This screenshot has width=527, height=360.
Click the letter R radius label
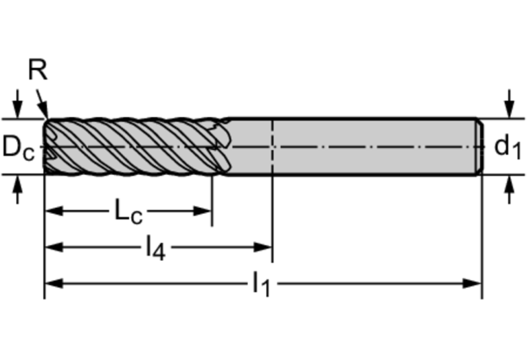coord(38,70)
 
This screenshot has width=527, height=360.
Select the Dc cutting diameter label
coord(19,147)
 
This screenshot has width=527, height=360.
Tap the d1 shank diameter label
coord(508,147)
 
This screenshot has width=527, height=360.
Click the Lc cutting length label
coord(128,211)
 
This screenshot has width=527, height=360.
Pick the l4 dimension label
coord(155,248)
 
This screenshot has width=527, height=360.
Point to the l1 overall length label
coord(262,284)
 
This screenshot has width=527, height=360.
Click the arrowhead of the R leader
coord(44,110)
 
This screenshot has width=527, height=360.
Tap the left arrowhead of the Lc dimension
coord(54,211)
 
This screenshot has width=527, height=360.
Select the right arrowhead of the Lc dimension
coord(202,211)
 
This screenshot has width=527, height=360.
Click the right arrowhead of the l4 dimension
coord(263,248)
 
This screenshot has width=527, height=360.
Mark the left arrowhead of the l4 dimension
coord(54,248)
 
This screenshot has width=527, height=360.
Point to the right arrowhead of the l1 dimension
coord(473,284)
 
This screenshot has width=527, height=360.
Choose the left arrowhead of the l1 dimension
coord(54,284)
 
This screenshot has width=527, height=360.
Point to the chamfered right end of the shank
coord(480,147)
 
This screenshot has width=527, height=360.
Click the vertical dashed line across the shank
coord(272,147)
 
